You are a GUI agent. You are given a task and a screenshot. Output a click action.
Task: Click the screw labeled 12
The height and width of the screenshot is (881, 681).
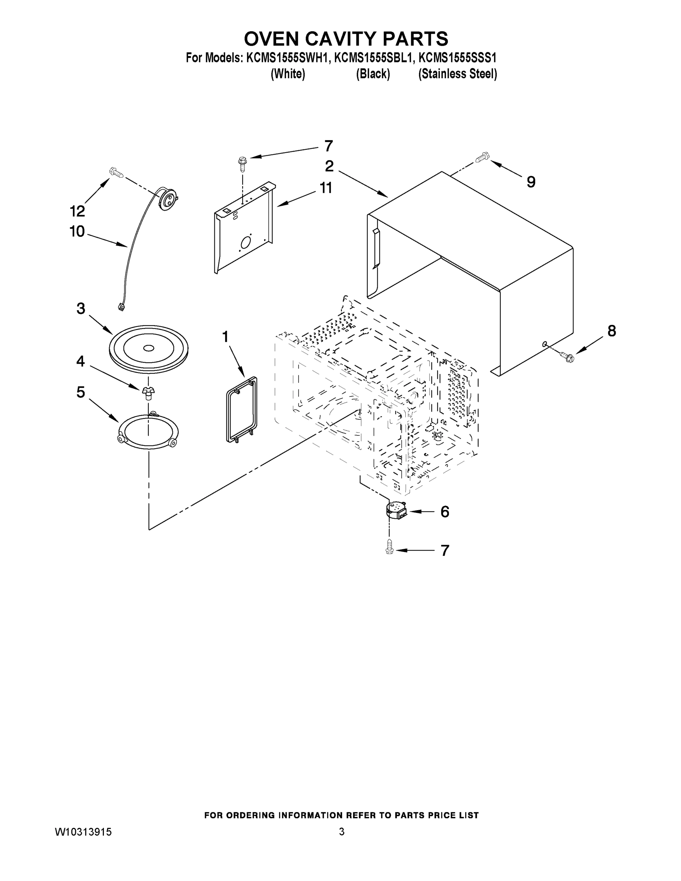(116, 173)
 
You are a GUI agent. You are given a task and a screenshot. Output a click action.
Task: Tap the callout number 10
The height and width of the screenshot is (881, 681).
(77, 232)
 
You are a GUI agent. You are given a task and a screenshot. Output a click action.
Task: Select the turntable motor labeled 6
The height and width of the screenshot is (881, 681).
(396, 511)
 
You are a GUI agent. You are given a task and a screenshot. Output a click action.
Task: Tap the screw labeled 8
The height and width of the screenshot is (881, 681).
(566, 356)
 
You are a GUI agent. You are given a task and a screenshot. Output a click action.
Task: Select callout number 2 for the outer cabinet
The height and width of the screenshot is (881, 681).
(329, 166)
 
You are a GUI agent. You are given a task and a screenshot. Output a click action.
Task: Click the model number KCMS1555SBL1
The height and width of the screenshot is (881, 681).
(374, 58)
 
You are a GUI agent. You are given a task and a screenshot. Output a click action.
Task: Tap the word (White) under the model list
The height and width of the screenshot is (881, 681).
(288, 74)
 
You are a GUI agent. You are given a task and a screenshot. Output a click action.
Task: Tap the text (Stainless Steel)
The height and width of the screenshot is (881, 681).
(457, 74)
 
